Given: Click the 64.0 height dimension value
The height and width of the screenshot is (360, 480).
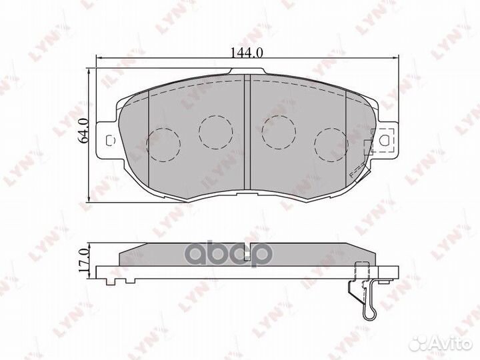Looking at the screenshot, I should click(x=83, y=130).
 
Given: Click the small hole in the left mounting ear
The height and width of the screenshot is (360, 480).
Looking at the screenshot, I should click(x=110, y=140).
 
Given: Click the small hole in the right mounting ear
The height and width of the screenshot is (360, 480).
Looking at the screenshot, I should click(x=385, y=141).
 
